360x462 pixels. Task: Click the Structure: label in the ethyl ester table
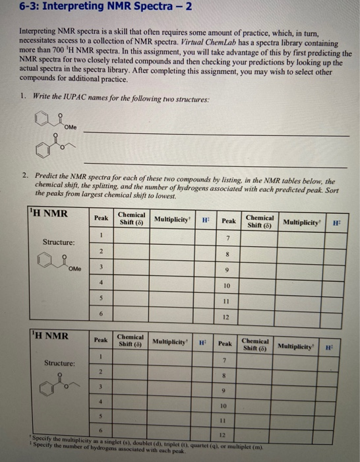pos(59,363)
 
